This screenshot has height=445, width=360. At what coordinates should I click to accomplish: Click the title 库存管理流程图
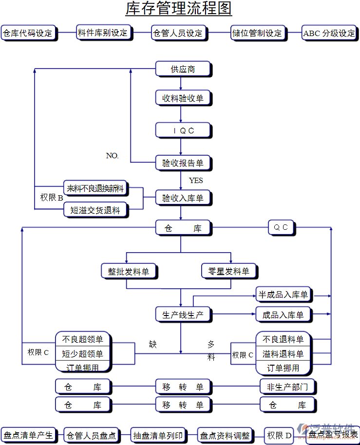pyautogui.click(x=179, y=9)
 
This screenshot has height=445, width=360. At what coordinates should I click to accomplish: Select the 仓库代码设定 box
pyautogui.click(x=28, y=33)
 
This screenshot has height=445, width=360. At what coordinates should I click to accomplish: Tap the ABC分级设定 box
pyautogui.click(x=329, y=33)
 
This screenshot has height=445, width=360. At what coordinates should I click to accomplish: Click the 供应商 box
pyautogui.click(x=183, y=69)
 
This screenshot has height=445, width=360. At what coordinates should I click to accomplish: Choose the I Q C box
pyautogui.click(x=183, y=130)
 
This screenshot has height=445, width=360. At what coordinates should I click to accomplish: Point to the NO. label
pyautogui.click(x=112, y=156)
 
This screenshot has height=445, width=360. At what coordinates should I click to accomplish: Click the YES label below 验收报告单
pyautogui.click(x=196, y=181)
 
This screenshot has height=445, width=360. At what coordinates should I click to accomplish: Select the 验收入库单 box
pyautogui.click(x=183, y=198)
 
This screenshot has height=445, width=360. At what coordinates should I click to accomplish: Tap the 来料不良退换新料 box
pyautogui.click(x=95, y=188)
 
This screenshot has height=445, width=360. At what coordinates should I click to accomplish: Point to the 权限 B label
pyautogui.click(x=51, y=198)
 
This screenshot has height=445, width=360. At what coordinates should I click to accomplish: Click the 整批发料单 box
pyautogui.click(x=128, y=271)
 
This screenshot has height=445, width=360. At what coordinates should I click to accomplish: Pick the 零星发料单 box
pyautogui.click(x=228, y=271)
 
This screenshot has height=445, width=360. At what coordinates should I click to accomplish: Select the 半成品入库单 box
pyautogui.click(x=284, y=295)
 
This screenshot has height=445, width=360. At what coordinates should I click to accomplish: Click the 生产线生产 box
pyautogui.click(x=183, y=315)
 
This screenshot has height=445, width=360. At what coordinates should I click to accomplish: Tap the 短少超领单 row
pyautogui.click(x=82, y=353)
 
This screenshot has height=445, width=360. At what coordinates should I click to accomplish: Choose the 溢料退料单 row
pyautogui.click(x=284, y=353)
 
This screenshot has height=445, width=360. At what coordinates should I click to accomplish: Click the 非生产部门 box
pyautogui.click(x=287, y=387)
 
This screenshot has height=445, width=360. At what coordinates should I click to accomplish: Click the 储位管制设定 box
pyautogui.click(x=257, y=33)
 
